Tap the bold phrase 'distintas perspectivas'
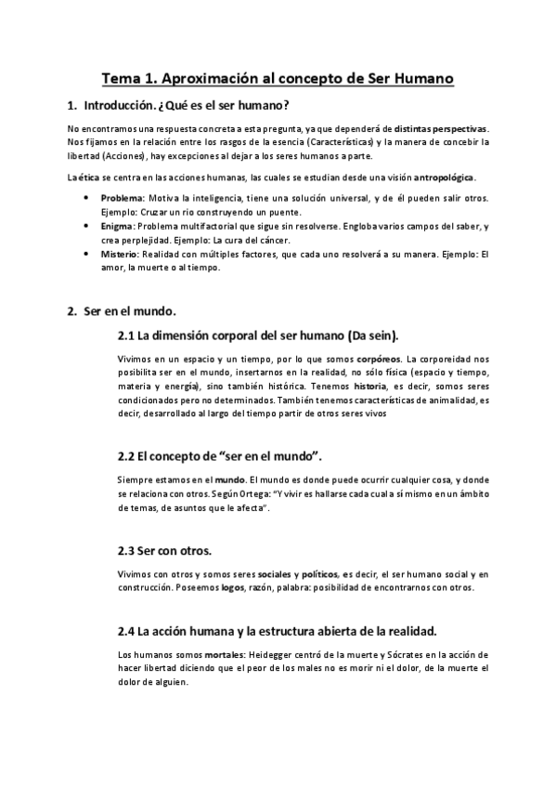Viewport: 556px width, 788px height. [x=441, y=128]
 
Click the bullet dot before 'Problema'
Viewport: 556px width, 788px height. [x=86, y=198]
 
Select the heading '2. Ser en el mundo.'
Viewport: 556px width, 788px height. [x=121, y=309]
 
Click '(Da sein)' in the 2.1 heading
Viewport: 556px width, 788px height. [x=363, y=334]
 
